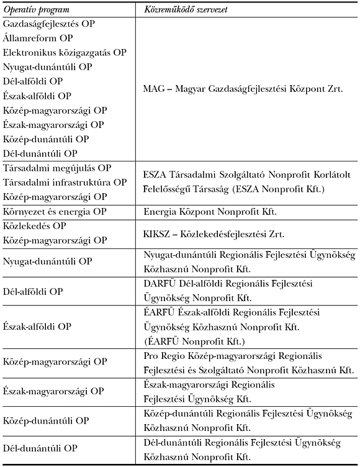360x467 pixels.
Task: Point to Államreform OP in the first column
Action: tap(37, 39)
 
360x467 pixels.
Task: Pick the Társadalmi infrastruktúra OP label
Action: tap(65, 183)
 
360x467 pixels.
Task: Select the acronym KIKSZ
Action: tap(157, 233)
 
